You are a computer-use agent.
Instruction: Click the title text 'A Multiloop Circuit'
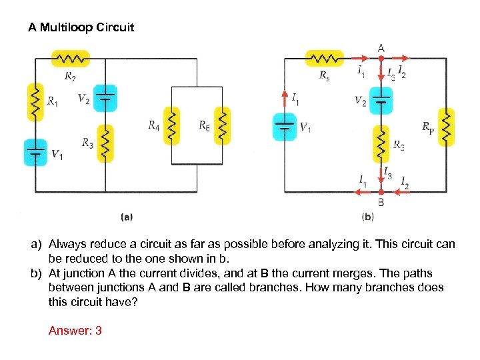[x=81, y=28]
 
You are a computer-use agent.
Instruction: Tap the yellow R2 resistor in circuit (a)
[x=70, y=59]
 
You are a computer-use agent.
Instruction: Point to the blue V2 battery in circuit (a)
[x=105, y=97]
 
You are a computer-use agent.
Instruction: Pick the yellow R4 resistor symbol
[x=172, y=125]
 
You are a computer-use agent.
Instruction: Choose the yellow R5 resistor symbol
[x=222, y=125]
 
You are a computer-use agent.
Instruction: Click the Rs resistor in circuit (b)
[x=324, y=59]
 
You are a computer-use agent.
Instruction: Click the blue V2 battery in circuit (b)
[x=381, y=100]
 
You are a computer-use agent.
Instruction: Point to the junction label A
[x=381, y=47]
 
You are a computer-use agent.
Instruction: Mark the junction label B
[x=381, y=202]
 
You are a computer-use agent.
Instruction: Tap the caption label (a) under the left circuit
[x=127, y=217]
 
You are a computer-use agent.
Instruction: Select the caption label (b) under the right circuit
[x=367, y=217]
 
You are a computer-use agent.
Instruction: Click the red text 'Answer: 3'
[x=75, y=330]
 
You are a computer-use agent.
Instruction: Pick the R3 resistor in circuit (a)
[x=105, y=142]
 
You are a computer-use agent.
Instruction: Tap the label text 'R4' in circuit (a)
[x=154, y=125]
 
